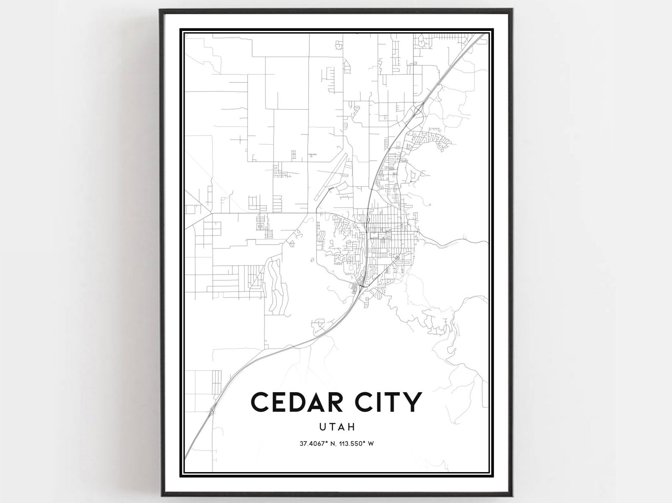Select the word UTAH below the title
(x=337, y=427)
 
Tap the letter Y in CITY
(x=414, y=402)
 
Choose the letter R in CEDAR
(x=347, y=402)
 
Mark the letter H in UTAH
(x=351, y=427)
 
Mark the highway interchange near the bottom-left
(x=212, y=409)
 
